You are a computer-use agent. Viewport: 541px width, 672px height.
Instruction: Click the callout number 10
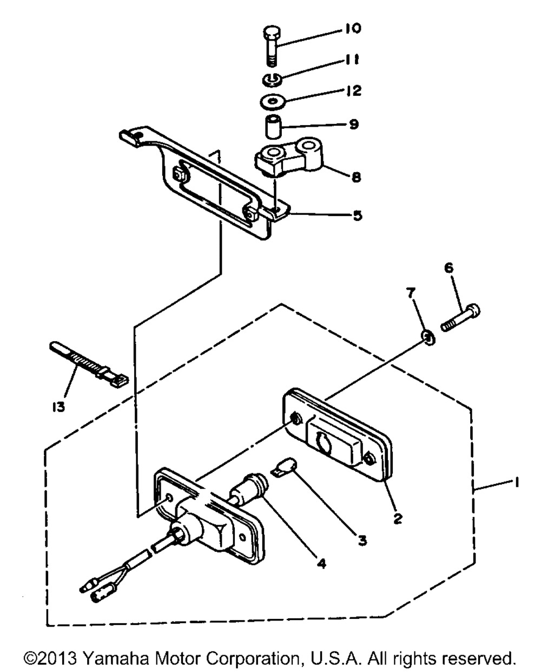pos(353,29)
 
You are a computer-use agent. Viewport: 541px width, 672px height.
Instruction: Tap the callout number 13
pos(58,407)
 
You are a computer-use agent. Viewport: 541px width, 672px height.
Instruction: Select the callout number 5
pos(358,216)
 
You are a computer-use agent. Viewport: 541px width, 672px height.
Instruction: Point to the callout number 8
pos(356,178)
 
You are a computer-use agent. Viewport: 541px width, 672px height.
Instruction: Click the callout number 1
pos(517,483)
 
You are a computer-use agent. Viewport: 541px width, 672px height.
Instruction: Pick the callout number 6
pos(449,268)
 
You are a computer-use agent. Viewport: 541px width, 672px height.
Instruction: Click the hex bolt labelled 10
pos(272,46)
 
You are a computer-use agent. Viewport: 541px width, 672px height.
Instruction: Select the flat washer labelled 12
pos(273,102)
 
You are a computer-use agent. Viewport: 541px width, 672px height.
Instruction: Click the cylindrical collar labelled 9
pos(273,127)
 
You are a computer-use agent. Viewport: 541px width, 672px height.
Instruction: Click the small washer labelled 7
pos(428,338)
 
